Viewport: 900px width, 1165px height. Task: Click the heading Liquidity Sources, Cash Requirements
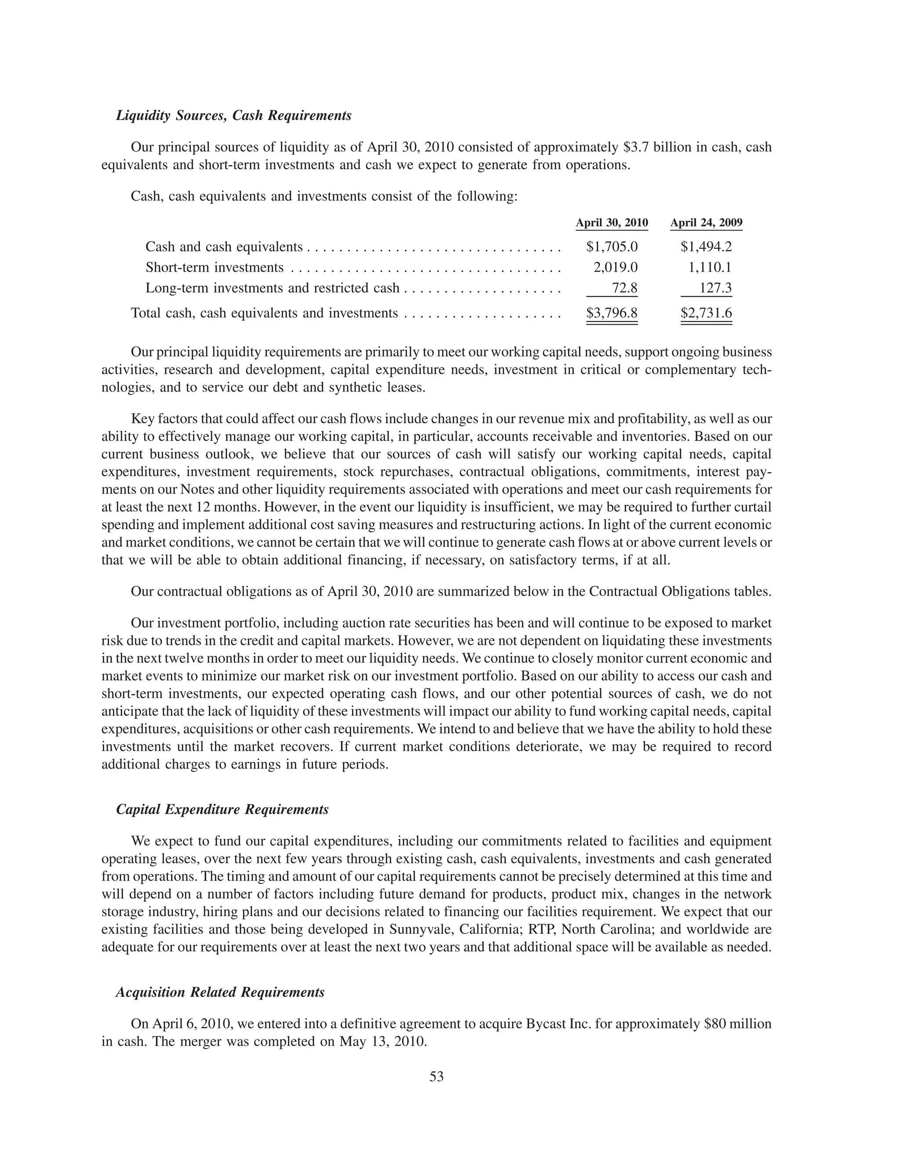[233, 116]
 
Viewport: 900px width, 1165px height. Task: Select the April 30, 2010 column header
[612, 223]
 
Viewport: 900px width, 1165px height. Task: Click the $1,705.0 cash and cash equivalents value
[612, 247]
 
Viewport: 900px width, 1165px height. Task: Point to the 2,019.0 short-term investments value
[615, 267]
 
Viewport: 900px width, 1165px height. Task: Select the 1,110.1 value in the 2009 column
[710, 267]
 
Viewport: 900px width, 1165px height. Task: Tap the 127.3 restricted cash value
[715, 288]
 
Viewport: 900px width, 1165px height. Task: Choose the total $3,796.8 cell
[612, 313]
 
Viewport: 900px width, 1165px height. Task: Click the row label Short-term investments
[214, 267]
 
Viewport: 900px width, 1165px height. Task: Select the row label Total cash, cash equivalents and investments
[265, 313]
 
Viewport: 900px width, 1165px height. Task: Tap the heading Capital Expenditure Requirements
[222, 810]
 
